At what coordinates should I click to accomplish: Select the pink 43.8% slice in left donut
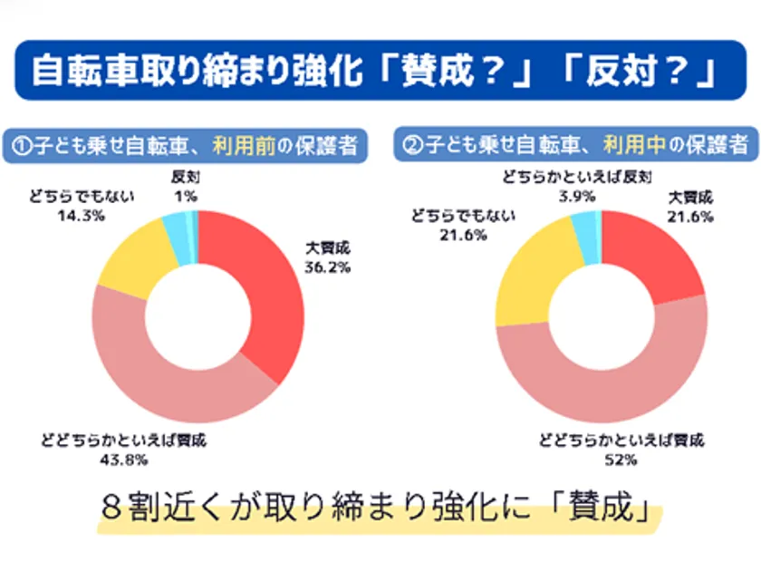163,381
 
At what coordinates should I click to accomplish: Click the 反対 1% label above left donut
187,186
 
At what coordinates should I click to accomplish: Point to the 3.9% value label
575,197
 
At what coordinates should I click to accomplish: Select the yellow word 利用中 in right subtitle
630,144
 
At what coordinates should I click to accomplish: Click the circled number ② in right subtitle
412,144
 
